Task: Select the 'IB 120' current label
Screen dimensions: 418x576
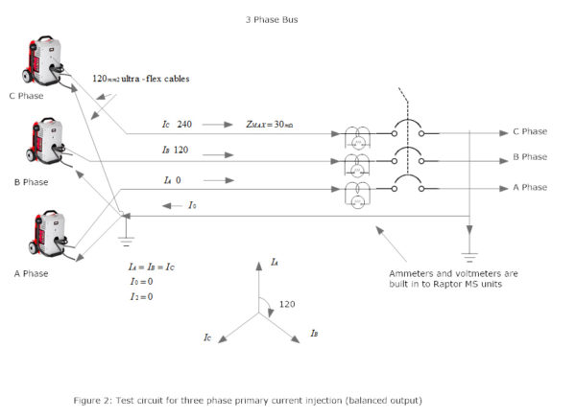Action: pos(175,151)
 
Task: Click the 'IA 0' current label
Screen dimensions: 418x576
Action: pos(173,179)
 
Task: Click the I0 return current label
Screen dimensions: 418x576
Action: pos(192,205)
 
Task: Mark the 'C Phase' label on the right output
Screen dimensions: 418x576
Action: pos(529,131)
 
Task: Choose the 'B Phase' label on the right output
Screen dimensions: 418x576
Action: pos(529,157)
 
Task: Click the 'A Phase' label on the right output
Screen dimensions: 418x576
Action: pos(529,187)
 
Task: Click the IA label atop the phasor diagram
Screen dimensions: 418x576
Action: pos(275,262)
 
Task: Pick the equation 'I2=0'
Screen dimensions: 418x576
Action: pos(141,296)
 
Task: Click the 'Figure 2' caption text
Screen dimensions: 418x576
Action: pos(247,399)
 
